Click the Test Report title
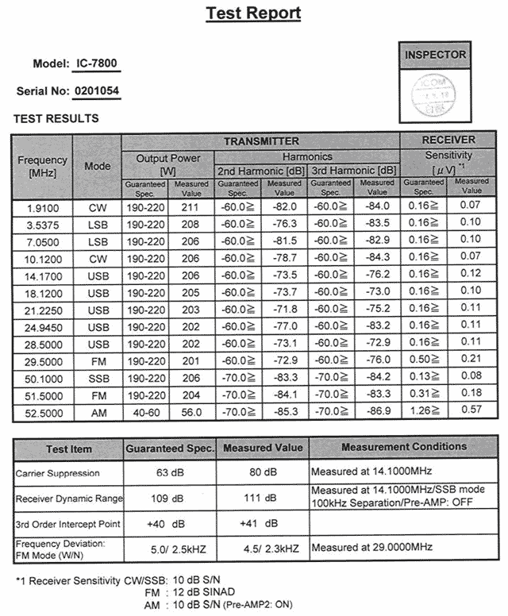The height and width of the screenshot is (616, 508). point(253,13)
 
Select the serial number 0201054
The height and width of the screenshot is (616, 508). point(97,91)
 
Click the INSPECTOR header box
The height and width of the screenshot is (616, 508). point(436,55)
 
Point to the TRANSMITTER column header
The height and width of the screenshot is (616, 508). point(260,141)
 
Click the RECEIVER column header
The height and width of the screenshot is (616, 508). point(449,140)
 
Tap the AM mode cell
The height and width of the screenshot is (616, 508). point(98,413)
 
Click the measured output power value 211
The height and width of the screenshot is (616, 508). point(191,206)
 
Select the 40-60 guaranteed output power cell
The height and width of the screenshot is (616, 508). point(144,413)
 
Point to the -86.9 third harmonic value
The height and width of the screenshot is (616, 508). point(377,413)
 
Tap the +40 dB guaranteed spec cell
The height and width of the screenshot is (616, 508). point(167,523)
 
